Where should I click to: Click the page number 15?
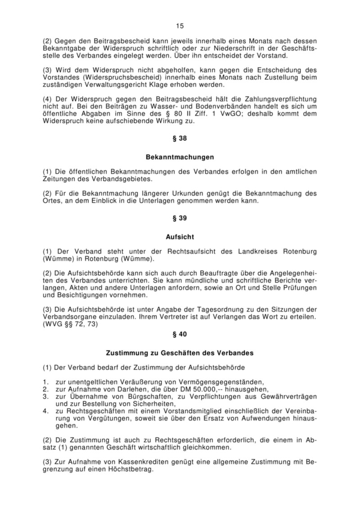(180, 26)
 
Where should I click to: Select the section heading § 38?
(180, 138)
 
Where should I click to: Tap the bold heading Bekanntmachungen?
(180, 158)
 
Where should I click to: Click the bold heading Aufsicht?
(180, 236)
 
